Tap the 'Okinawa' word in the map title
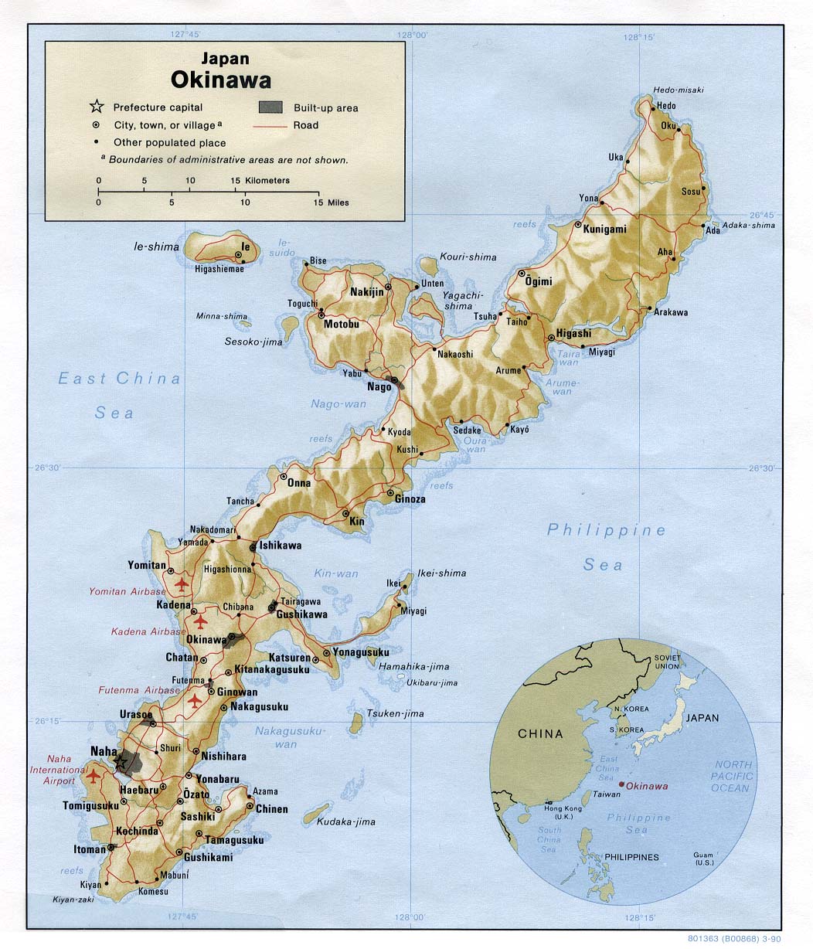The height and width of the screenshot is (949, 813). pyautogui.click(x=221, y=80)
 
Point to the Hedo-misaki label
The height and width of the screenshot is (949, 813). pyautogui.click(x=679, y=90)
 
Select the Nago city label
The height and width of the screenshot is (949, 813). pyautogui.click(x=379, y=387)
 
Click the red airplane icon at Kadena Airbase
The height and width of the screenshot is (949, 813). pyautogui.click(x=201, y=621)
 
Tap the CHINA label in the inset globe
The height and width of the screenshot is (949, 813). pyautogui.click(x=540, y=733)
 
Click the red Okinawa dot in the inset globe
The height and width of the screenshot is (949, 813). pyautogui.click(x=622, y=785)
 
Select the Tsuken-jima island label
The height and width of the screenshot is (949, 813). pyautogui.click(x=396, y=713)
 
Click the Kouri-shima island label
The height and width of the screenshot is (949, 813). pyautogui.click(x=468, y=257)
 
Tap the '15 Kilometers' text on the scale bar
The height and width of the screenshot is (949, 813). pyautogui.click(x=260, y=180)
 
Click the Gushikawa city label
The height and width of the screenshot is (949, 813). pyautogui.click(x=302, y=614)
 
